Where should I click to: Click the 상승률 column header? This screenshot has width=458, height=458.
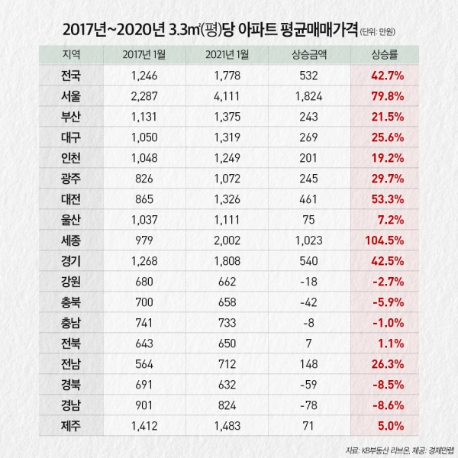click(385, 55)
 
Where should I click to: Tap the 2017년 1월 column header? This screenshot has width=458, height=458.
click(144, 55)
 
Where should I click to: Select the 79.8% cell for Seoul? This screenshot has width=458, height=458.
click(385, 95)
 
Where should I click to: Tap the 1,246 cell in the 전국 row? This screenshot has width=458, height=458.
click(144, 76)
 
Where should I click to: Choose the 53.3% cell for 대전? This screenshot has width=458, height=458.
click(385, 176)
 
